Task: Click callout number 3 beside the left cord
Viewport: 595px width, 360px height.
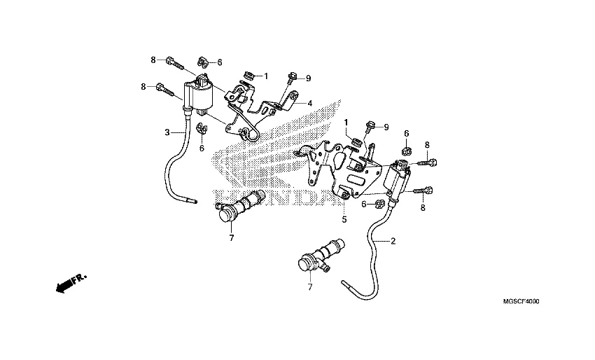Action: pos(167,132)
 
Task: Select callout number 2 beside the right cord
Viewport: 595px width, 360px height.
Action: pos(393,242)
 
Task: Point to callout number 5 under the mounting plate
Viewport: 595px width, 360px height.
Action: pos(344,219)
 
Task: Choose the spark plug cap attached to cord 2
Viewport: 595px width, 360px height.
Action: pos(319,259)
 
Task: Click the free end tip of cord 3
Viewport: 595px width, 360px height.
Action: pos(195,202)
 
